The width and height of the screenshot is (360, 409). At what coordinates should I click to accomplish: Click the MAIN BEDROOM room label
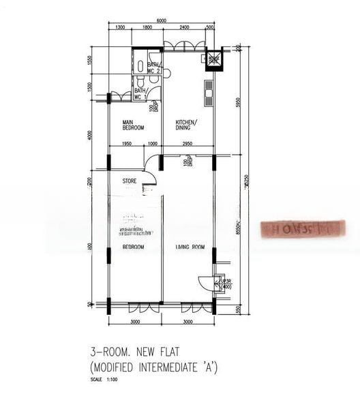133,125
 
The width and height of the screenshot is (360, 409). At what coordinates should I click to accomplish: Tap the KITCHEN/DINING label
186,125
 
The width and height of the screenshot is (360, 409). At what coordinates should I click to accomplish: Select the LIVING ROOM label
190,247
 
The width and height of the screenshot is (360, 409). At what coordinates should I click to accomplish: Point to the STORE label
130,181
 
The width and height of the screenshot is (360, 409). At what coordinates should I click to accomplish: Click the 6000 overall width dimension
162,20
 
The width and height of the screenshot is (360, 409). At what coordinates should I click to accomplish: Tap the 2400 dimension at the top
184,27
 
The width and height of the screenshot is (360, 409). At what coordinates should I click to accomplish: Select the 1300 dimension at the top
119,27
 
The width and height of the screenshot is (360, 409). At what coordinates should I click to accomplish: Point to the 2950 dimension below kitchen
189,144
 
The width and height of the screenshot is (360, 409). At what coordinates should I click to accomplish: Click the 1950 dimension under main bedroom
127,144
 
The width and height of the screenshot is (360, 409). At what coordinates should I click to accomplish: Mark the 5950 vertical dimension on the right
237,102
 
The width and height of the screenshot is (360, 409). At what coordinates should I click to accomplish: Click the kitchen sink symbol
209,87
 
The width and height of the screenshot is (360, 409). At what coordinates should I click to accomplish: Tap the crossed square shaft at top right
214,59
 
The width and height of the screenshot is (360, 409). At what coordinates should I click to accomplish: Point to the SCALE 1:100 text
105,380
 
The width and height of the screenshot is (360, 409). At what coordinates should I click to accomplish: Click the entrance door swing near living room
205,283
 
